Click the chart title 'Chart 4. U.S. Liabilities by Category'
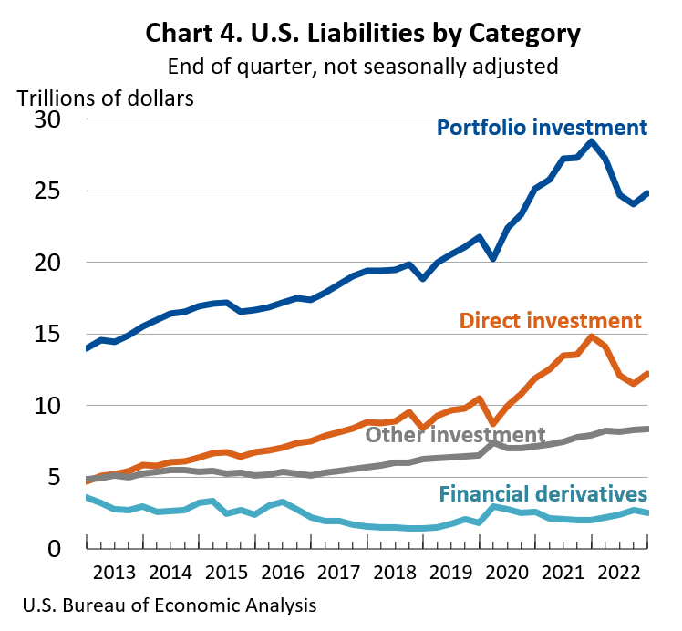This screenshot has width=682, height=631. tap(363, 35)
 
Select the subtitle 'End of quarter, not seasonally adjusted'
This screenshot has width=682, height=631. tap(363, 67)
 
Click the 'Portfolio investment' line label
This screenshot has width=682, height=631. tap(542, 127)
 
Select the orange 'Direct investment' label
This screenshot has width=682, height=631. tap(550, 320)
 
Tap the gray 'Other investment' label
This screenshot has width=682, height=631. tap(455, 435)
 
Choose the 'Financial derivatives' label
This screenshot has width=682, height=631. tap(542, 494)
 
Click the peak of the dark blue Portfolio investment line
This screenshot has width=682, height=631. tap(592, 141)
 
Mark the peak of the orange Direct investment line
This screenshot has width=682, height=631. tap(592, 336)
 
